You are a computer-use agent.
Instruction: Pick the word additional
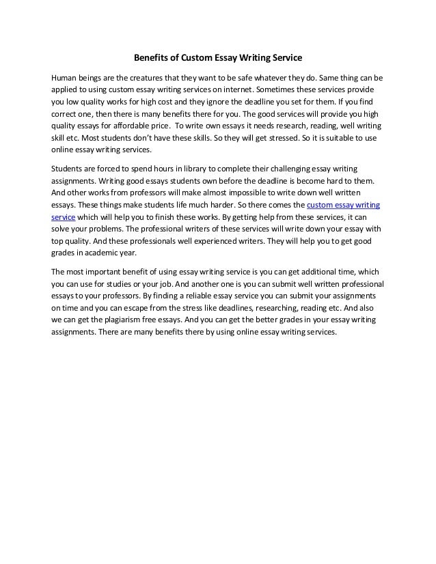click(314, 272)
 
